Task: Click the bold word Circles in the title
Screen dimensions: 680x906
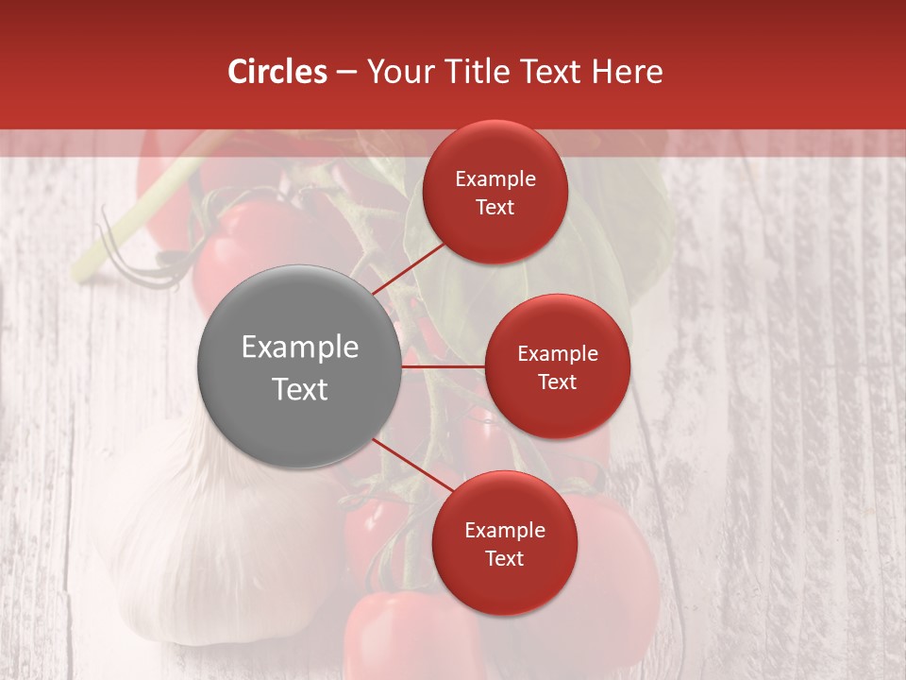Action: pyautogui.click(x=277, y=72)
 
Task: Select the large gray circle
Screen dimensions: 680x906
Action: pyautogui.click(x=299, y=366)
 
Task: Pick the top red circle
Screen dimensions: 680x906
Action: pyautogui.click(x=495, y=192)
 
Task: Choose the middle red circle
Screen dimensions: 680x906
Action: pyautogui.click(x=557, y=366)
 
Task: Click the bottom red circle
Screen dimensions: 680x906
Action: pyautogui.click(x=504, y=543)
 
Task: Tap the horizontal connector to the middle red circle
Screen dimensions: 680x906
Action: pyautogui.click(x=443, y=366)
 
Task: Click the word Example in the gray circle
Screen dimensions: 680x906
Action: pyautogui.click(x=299, y=347)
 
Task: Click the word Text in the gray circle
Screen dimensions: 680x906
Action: pyautogui.click(x=299, y=388)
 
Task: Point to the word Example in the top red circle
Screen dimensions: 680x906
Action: pyautogui.click(x=495, y=178)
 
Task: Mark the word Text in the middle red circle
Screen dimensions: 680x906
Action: pyautogui.click(x=557, y=382)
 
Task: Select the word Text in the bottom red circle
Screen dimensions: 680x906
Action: pyautogui.click(x=504, y=558)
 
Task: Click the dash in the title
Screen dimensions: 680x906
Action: pyautogui.click(x=346, y=72)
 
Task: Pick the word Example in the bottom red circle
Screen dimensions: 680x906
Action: pyautogui.click(x=504, y=530)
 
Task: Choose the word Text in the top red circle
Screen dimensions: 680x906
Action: pyautogui.click(x=495, y=207)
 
